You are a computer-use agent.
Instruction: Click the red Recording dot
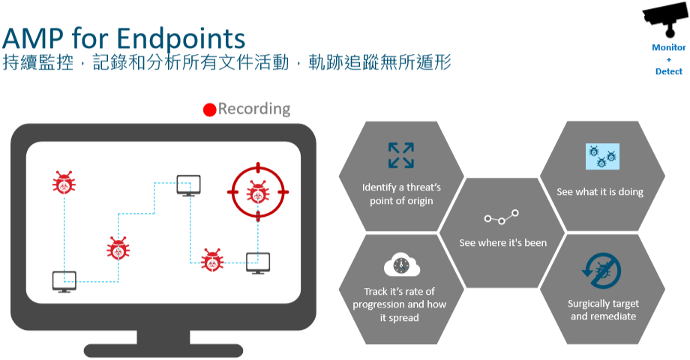(x=210, y=109)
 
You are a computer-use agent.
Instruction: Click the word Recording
(x=254, y=109)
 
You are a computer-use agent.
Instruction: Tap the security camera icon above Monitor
(x=666, y=22)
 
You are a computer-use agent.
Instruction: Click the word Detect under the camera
(x=669, y=71)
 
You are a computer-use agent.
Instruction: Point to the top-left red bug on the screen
(x=64, y=182)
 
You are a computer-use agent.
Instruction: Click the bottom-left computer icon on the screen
(x=64, y=281)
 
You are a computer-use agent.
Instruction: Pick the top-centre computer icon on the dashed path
(x=188, y=184)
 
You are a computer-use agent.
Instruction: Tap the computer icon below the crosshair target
(x=258, y=262)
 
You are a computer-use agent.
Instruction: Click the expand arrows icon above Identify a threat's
(x=400, y=154)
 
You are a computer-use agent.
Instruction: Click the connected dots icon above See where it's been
(x=502, y=218)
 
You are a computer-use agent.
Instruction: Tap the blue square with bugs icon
(x=602, y=156)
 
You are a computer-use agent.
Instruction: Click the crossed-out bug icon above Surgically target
(x=602, y=271)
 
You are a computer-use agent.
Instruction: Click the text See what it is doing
(x=600, y=192)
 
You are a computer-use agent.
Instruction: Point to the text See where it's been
(x=502, y=243)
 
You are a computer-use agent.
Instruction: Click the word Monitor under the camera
(x=669, y=47)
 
